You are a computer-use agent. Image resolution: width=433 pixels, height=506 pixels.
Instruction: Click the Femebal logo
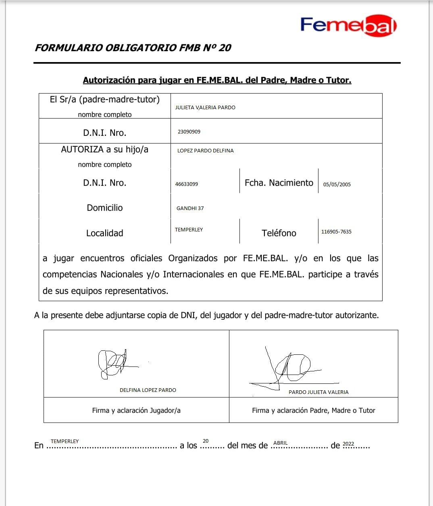pos(348,25)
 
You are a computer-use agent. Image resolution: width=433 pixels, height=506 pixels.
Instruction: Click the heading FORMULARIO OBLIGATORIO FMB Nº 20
pos(133,48)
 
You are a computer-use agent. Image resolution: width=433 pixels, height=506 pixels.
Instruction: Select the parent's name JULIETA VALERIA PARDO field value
pos(205,107)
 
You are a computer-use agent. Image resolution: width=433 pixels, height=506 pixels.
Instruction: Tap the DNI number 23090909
pos(189,131)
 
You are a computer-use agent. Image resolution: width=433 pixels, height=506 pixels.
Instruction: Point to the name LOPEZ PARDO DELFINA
pos(206,150)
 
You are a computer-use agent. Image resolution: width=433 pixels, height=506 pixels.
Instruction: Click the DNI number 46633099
pos(187,184)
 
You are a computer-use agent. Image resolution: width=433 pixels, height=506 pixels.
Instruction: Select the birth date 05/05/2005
pos(337,184)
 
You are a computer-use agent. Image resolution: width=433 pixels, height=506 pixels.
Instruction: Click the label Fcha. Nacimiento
pos(279,183)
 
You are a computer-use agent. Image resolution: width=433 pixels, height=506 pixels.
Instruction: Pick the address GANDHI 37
pos(190,208)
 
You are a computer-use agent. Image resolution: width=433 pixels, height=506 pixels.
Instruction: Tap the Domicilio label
pos(105,208)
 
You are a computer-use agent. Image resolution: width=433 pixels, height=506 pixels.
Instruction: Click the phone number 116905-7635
pos(336,231)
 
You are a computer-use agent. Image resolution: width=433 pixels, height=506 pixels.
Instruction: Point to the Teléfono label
pos(279,233)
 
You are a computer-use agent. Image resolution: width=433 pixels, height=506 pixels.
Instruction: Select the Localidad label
pos(105,233)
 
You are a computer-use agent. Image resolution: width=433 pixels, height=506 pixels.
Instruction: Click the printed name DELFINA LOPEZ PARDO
pos(148,390)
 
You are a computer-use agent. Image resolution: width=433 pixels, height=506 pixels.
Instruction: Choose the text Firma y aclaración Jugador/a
pos(136,410)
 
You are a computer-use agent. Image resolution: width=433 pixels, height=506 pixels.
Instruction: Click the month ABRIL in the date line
pos(281,443)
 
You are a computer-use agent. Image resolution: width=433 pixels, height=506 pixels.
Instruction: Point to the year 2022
pos(348,444)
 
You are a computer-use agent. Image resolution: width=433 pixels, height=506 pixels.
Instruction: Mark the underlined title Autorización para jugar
pos(217,80)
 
